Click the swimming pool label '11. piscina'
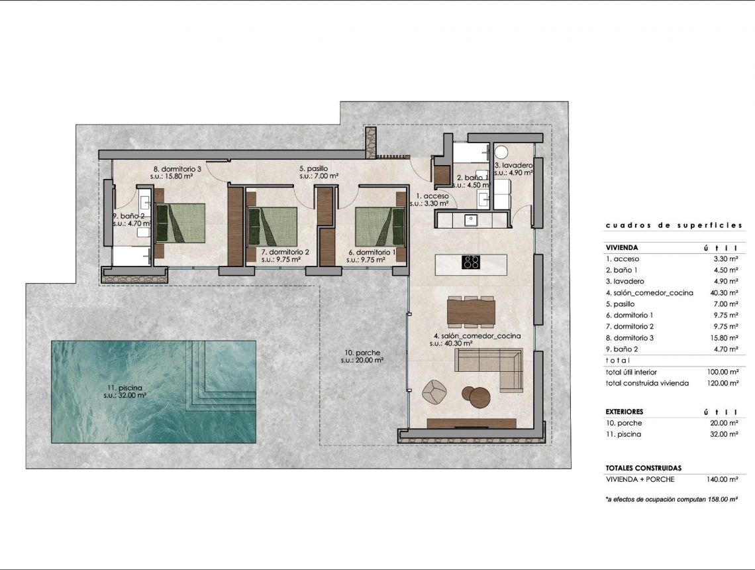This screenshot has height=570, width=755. point(125,387)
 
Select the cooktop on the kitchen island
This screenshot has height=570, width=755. point(471,262)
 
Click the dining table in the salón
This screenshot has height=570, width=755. point(471,312)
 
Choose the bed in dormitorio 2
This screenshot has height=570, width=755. point(272,226)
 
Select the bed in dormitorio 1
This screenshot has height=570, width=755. point(379,226)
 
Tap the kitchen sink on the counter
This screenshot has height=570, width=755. point(472,219)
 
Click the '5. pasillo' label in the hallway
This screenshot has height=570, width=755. point(313,169)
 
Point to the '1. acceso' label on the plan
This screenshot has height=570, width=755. point(432,196)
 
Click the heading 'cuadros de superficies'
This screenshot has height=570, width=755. point(674,226)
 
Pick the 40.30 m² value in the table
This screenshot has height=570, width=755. point(723,292)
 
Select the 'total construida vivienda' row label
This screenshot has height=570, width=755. point(647,383)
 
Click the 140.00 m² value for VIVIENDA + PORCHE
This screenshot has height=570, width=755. point(723,479)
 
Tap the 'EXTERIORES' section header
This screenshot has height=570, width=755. point(625,412)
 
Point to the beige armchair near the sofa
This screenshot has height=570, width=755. point(435,392)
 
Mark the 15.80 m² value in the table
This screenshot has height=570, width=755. point(723,337)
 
